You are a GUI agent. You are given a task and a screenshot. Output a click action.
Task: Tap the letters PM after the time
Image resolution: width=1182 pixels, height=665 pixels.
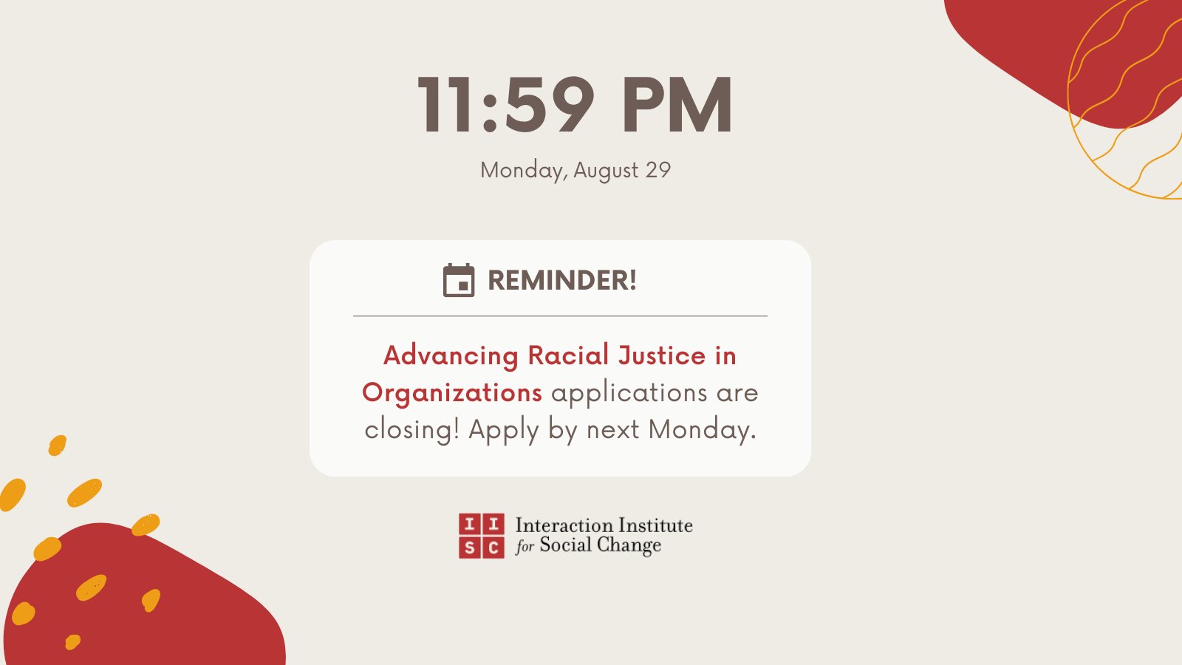coord(677,105)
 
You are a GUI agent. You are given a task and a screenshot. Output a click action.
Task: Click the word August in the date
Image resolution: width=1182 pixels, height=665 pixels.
coord(606,171)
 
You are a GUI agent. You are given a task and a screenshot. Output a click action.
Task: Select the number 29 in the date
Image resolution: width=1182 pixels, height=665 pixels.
coord(657,170)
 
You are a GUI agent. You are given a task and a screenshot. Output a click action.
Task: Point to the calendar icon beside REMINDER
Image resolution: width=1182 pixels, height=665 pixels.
coord(459,281)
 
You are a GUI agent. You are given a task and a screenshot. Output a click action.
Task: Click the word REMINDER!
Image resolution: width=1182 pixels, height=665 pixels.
coord(562,281)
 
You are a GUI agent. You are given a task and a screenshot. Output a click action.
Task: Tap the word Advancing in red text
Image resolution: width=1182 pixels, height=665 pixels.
coord(451,356)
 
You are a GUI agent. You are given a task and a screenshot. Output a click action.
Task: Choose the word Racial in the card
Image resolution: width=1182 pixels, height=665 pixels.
coord(568,355)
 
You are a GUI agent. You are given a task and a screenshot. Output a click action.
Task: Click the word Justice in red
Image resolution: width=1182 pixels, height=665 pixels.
coord(662,355)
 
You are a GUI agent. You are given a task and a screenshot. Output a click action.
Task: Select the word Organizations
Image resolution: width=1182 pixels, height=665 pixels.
coord(452,393)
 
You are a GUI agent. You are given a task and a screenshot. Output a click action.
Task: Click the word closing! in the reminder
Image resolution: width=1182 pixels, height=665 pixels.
coord(412,429)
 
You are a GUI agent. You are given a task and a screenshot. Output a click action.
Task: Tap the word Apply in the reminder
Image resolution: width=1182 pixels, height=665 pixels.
coord(504,430)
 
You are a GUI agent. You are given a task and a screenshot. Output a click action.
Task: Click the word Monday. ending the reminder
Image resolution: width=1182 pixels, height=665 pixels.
coord(702,429)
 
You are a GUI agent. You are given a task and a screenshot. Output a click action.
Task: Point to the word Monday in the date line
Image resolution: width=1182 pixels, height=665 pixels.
coord(523,171)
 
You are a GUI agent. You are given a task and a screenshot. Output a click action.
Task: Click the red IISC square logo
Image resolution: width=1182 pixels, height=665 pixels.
coord(481,536)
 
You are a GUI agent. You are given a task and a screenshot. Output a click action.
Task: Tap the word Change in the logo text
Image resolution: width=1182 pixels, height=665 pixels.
coord(629,545)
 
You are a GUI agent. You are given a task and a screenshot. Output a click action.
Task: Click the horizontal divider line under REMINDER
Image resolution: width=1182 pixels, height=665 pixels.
coord(560,316)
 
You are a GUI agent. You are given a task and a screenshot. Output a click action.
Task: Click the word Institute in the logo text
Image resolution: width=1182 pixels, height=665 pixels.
coord(655,525)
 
